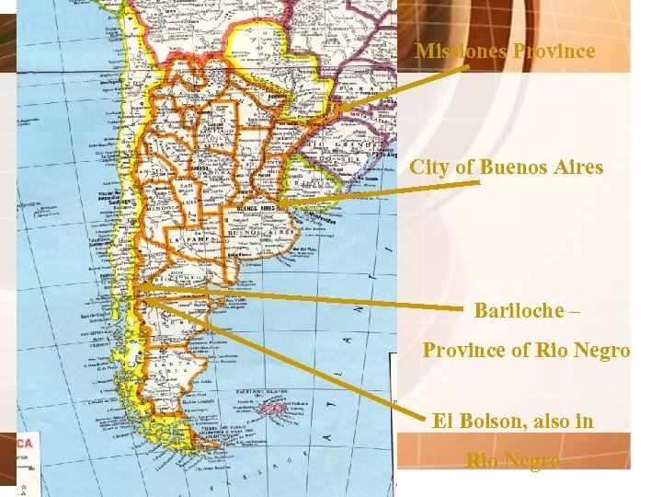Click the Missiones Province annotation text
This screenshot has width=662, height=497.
point(505,52)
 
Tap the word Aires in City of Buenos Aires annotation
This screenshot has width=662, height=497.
point(574,168)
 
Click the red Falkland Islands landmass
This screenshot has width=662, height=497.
point(275,406)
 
